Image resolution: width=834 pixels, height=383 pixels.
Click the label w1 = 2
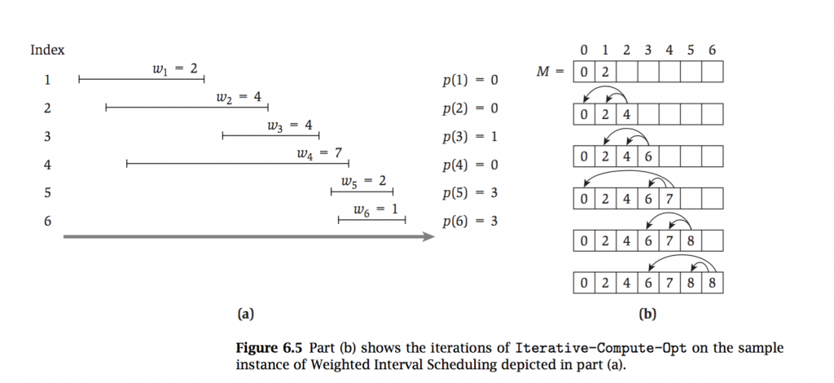tap(175, 69)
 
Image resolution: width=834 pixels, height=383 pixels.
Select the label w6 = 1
tap(376, 209)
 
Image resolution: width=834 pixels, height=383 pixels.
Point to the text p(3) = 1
tap(470, 137)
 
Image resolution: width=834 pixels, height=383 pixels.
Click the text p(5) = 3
tap(470, 193)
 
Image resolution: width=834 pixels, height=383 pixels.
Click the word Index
tap(47, 51)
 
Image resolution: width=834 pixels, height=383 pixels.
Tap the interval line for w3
tap(270, 136)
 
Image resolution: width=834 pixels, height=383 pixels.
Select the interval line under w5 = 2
tap(362, 192)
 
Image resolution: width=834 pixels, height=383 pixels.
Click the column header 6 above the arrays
tap(712, 51)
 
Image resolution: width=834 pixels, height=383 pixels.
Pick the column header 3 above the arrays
tap(648, 51)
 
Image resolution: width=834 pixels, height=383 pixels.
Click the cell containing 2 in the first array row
tap(605, 73)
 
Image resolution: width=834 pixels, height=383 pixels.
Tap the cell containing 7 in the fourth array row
tap(669, 199)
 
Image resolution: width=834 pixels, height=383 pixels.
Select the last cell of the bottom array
tap(712, 284)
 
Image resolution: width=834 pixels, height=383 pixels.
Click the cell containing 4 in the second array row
tap(626, 114)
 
